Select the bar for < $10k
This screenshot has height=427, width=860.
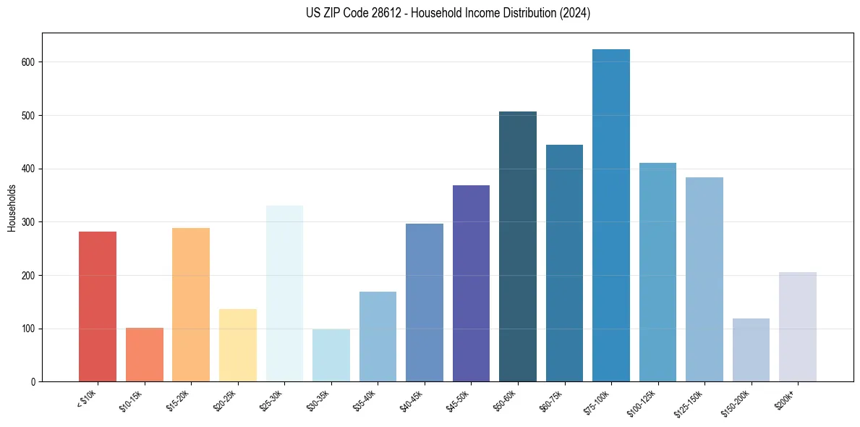coord(98,307)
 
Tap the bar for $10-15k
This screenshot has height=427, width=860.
coord(145,355)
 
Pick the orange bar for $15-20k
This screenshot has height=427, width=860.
coord(191,305)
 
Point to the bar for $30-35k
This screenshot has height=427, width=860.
coord(331,355)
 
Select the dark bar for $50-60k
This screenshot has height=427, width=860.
coord(518,247)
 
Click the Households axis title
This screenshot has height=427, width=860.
coord(12,208)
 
